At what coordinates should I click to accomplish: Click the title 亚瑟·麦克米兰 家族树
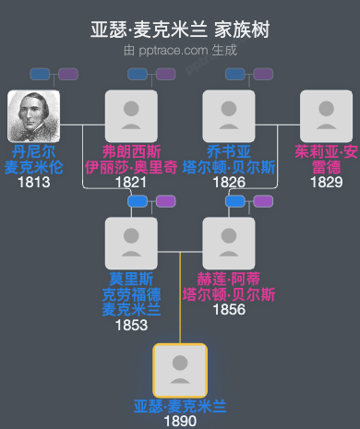pos(180,30)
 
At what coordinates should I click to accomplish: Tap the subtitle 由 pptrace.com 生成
pos(180,51)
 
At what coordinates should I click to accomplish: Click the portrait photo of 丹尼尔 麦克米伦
pos(33,116)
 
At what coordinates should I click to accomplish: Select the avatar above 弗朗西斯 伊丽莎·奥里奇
pos(131,116)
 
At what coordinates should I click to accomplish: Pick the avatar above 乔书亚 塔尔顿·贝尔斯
pos(229,116)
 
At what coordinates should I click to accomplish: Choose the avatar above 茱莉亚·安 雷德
pos(327,116)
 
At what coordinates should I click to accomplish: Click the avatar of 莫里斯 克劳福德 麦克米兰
pos(131,244)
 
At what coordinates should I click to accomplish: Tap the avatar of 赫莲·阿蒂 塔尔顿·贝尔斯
pos(229,244)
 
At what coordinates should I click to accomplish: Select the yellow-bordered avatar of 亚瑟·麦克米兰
pos(180,371)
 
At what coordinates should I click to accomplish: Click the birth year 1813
pos(33,182)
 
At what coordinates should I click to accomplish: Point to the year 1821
pos(131,182)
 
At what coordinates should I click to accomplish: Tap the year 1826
pos(229,182)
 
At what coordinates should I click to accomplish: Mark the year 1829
pos(327,182)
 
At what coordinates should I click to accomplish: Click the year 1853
pos(131,325)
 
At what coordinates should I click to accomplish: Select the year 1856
pos(229,309)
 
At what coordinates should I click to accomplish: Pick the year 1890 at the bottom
pos(180,421)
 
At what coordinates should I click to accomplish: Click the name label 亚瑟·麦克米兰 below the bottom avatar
pos(180,406)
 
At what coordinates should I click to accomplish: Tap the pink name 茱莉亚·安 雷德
pos(327,159)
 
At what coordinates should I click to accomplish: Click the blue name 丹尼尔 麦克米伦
pos(33,159)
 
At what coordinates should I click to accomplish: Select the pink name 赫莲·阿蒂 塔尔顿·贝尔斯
pos(229,286)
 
